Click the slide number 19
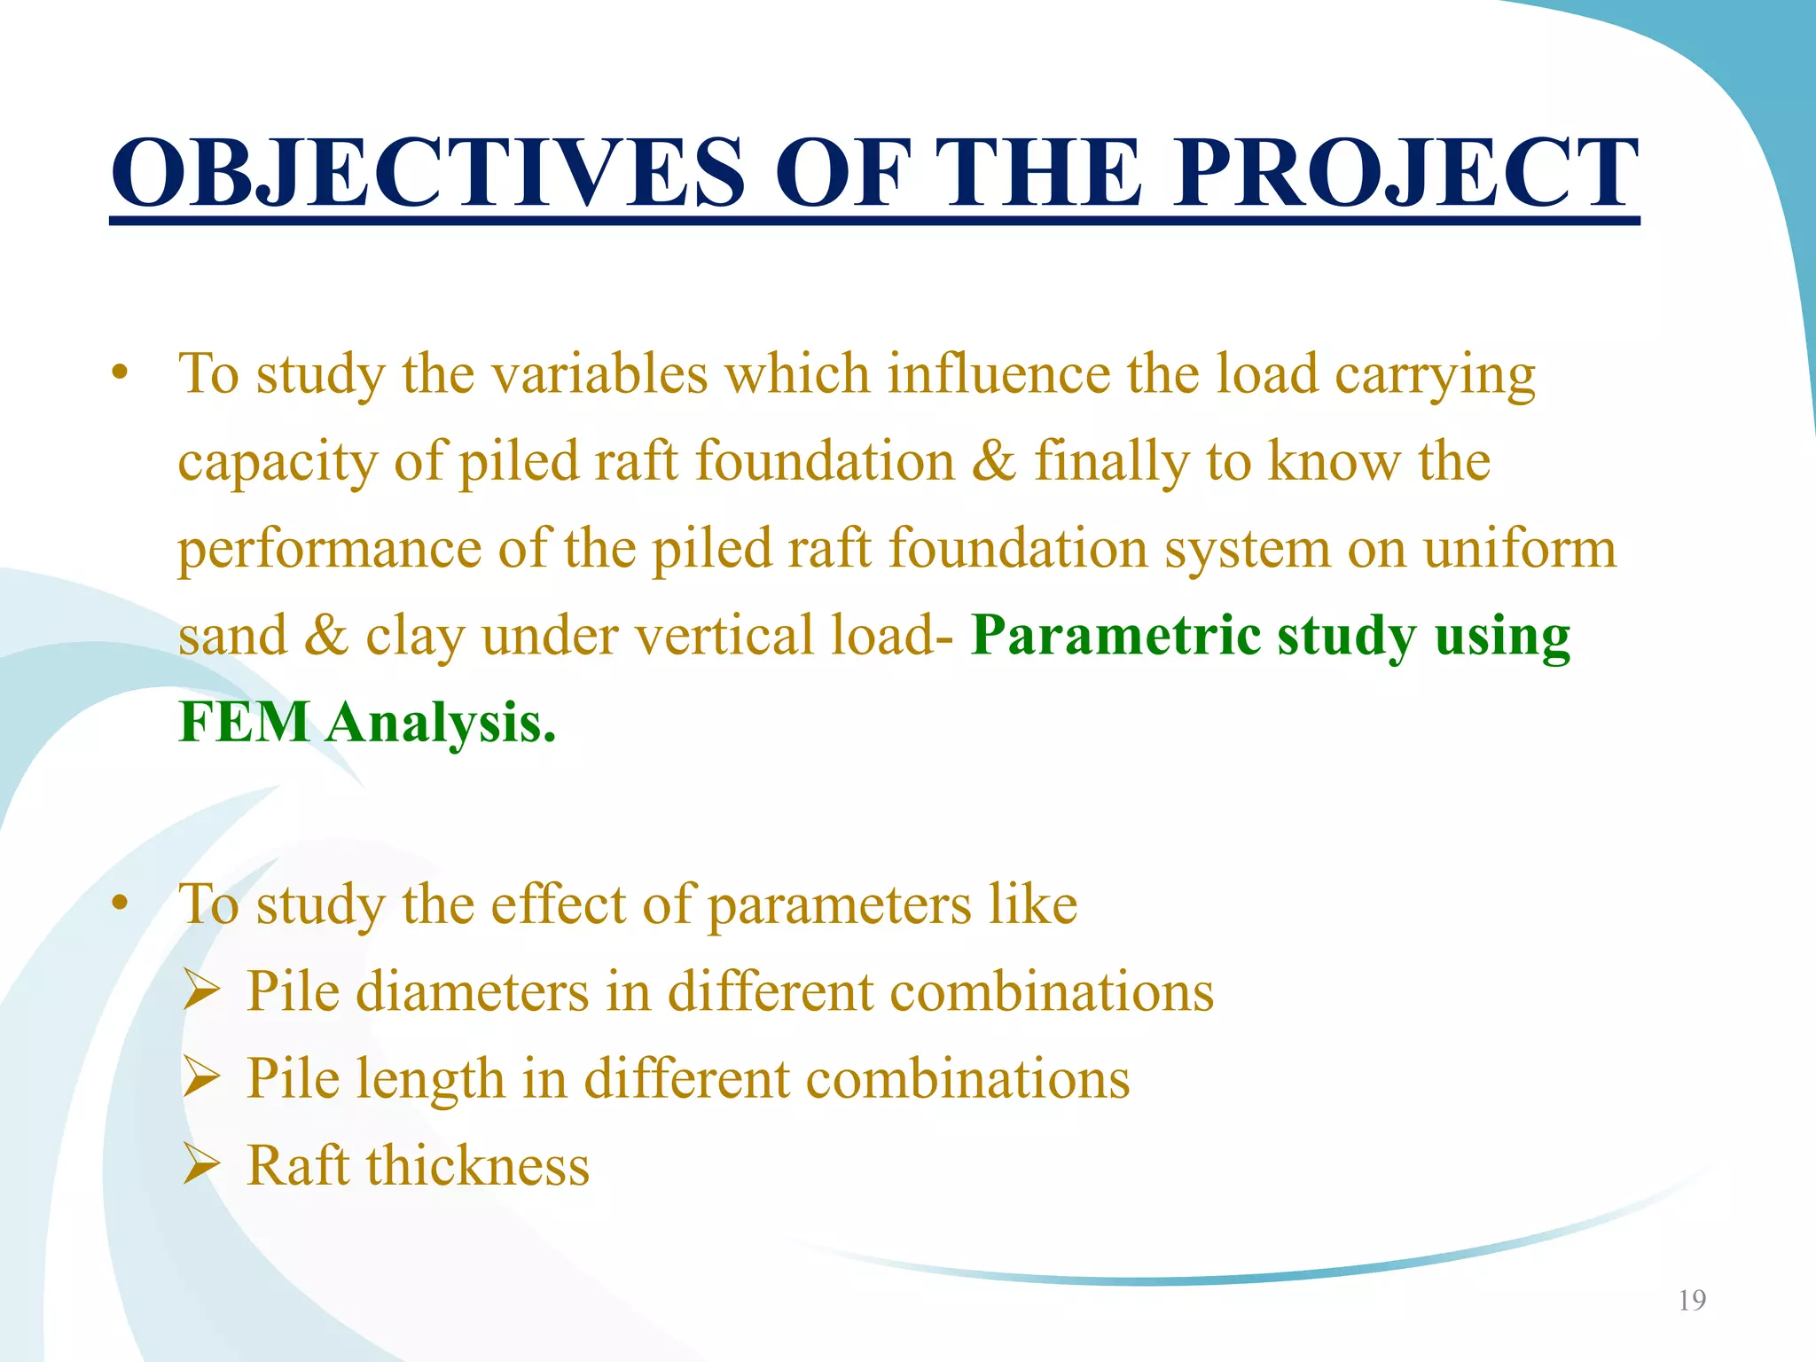tap(1692, 1300)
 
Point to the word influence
tap(998, 374)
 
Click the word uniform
tap(1520, 549)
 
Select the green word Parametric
tap(1115, 637)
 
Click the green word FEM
tap(244, 723)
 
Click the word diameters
tap(472, 991)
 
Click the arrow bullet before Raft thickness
tap(201, 1165)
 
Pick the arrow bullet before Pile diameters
tap(201, 990)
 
